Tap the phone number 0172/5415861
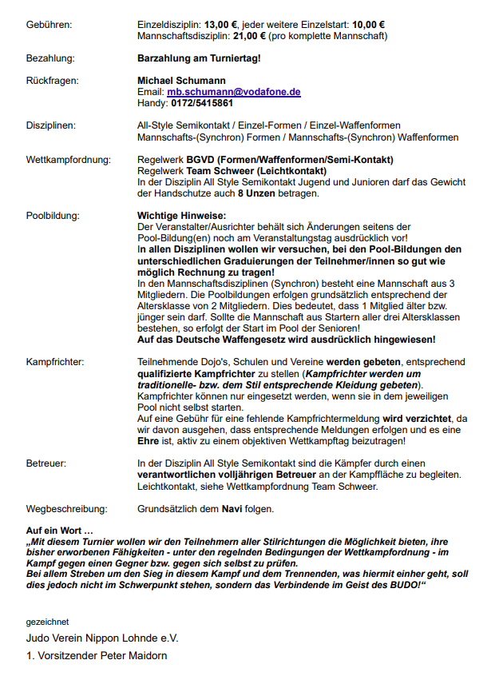202,103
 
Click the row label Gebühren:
49,25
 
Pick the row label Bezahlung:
50,58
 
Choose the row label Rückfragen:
52,81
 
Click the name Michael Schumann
181,81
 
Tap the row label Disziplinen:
51,125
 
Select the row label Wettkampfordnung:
68,159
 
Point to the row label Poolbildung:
53,216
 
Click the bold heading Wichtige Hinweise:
182,216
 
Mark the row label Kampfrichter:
55,362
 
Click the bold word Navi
232,508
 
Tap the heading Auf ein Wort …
60,531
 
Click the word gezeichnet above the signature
47,621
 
